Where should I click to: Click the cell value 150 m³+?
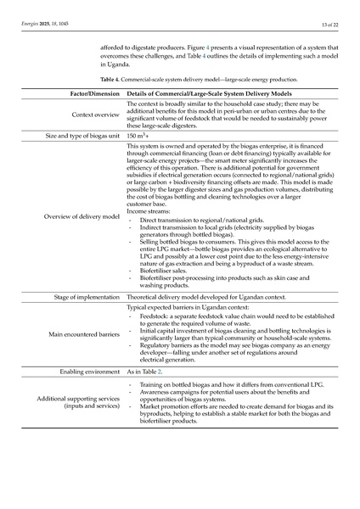point(140,135)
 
